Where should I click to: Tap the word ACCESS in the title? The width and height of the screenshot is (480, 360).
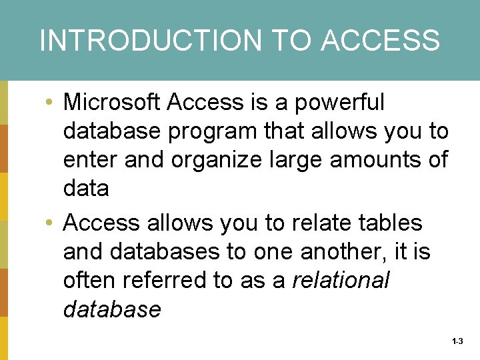[380, 40]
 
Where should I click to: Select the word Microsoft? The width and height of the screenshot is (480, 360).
[111, 103]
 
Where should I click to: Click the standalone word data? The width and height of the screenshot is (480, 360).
[86, 189]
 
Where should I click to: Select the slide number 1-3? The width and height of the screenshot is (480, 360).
[457, 341]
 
